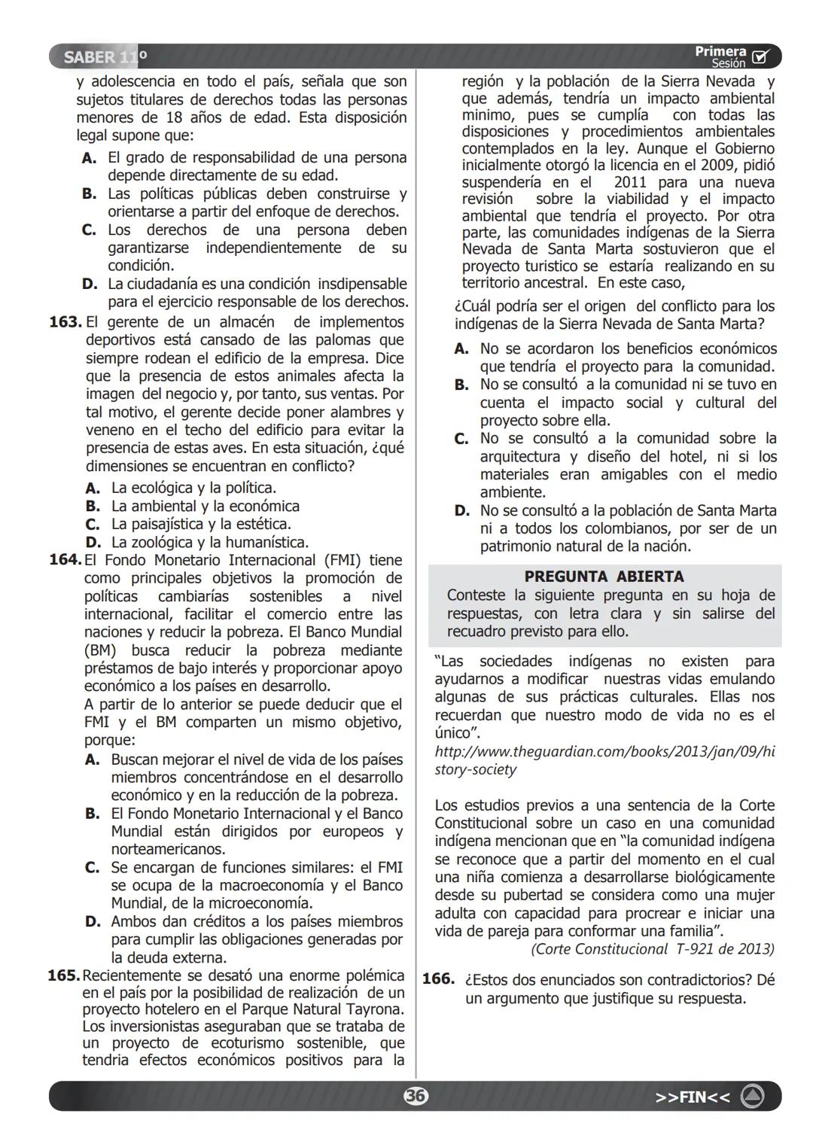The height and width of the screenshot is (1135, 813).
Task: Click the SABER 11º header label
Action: click(105, 57)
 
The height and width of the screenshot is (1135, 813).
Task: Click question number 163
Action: click(65, 322)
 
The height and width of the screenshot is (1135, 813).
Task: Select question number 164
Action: click(65, 560)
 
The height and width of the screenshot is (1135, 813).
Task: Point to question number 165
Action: click(63, 976)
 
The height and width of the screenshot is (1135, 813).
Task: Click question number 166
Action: click(437, 979)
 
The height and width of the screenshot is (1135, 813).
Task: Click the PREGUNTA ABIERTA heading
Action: click(604, 577)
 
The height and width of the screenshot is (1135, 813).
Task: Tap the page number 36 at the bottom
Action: click(415, 1096)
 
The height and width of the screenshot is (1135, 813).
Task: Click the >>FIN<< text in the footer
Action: click(692, 1097)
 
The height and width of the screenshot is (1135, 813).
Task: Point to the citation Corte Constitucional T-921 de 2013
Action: click(652, 949)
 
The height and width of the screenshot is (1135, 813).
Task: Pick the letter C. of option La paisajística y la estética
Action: click(92, 525)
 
